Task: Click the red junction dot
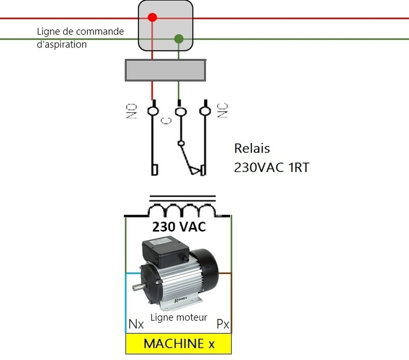[x=152, y=18]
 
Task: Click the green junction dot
[x=179, y=39]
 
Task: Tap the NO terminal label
[x=131, y=111]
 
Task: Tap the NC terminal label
[x=222, y=110]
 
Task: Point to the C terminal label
[x=166, y=121]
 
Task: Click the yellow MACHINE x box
[x=179, y=344]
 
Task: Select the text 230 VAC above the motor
[x=179, y=227]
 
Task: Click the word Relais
[x=252, y=148]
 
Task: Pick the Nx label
[x=136, y=324]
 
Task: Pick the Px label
[x=223, y=324]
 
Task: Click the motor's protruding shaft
[x=137, y=287]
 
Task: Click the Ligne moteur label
[x=179, y=317]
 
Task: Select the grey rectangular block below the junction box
[x=165, y=70]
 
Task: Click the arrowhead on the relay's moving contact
[x=195, y=171]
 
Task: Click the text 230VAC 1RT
[x=272, y=167]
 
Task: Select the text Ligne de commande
[x=80, y=31]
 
